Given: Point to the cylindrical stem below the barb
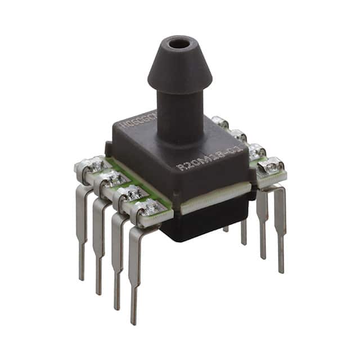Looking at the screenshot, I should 179,112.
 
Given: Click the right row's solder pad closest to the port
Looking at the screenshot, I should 219,122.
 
